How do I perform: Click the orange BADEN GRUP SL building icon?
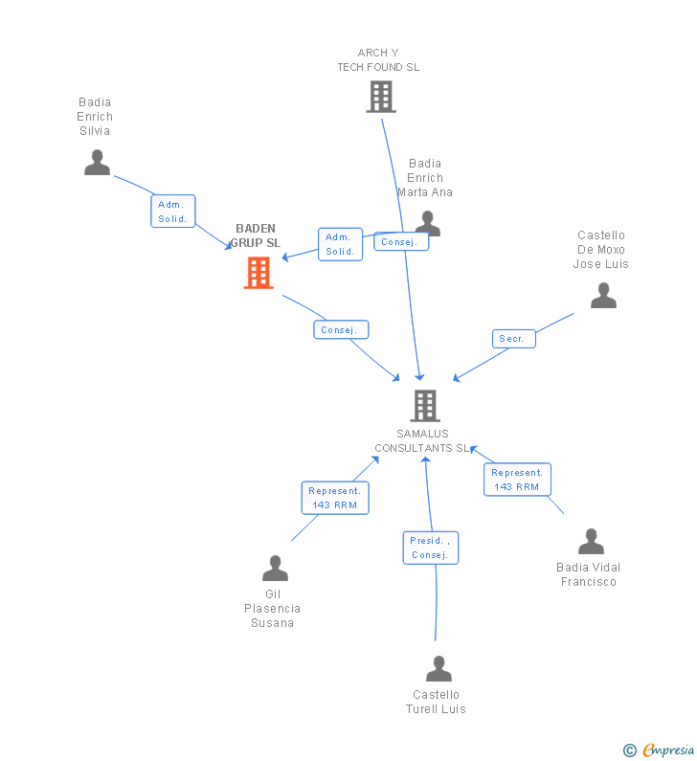click(x=259, y=273)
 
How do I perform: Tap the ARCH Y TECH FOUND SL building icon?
click(x=380, y=97)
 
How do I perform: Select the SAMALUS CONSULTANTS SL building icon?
click(x=425, y=406)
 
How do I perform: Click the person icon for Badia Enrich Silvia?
click(x=97, y=163)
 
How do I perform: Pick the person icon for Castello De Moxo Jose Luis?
click(x=603, y=296)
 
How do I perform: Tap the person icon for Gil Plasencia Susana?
click(x=275, y=569)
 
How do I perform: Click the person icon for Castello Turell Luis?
click(x=438, y=669)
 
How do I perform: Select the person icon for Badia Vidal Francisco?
click(x=591, y=542)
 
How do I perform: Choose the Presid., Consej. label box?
click(x=430, y=548)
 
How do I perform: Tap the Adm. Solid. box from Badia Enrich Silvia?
click(x=172, y=212)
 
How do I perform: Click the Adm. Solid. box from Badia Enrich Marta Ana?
click(x=340, y=244)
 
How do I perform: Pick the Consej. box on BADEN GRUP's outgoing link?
click(x=340, y=330)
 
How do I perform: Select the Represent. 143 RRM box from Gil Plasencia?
click(x=334, y=498)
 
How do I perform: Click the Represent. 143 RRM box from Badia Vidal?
click(x=517, y=480)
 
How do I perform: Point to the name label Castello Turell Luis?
click(x=436, y=702)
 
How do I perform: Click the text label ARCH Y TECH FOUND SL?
click(x=378, y=60)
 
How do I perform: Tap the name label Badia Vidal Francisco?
click(x=588, y=574)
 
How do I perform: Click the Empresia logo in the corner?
click(x=668, y=750)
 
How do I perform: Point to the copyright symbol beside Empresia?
click(x=629, y=750)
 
